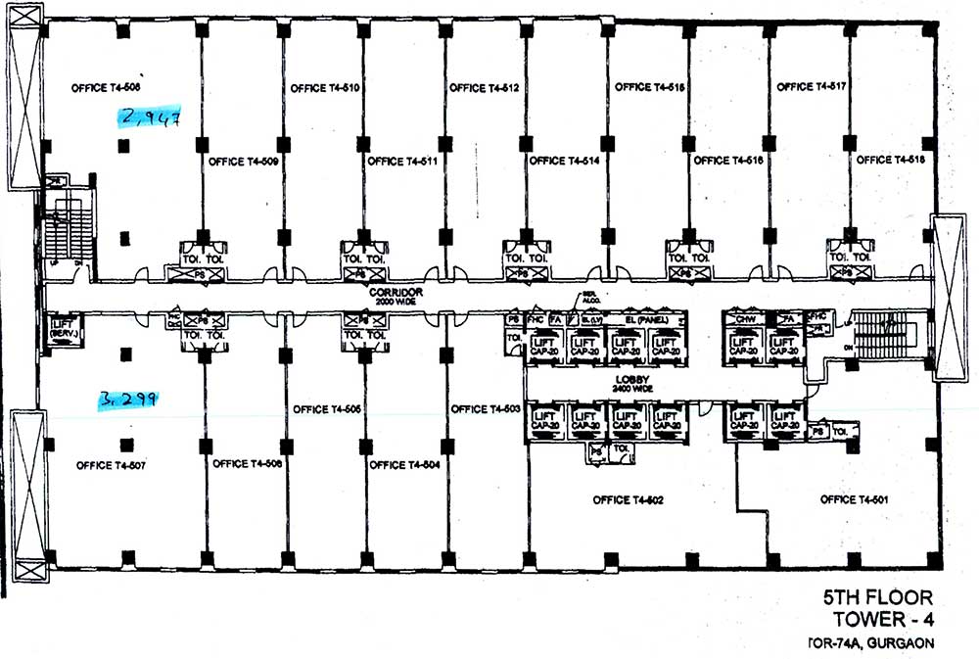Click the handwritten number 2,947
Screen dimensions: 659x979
pos(150,118)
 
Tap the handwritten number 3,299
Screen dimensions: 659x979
pos(128,400)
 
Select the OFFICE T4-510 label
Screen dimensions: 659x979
pos(326,88)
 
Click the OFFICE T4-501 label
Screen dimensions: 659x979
pos(854,499)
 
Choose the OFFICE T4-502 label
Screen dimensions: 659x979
pos(629,500)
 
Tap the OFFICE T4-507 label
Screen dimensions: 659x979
pos(111,465)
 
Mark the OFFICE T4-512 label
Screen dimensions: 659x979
pos(484,88)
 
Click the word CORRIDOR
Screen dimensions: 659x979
pos(396,292)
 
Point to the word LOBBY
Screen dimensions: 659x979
pos(629,379)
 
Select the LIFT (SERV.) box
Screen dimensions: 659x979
pos(64,328)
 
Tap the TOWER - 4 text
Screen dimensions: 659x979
pos(882,619)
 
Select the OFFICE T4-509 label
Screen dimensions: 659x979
pos(243,161)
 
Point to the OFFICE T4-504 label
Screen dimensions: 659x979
pos(404,465)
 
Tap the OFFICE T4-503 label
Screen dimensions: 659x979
pos(484,408)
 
